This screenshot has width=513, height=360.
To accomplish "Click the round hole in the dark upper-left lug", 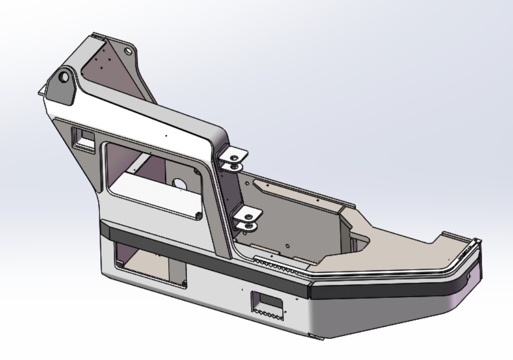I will (x=65, y=77).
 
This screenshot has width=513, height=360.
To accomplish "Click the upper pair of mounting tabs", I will (x=233, y=159).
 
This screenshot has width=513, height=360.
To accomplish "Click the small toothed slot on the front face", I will (x=266, y=303).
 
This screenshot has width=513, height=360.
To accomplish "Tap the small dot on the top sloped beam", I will (x=166, y=135).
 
